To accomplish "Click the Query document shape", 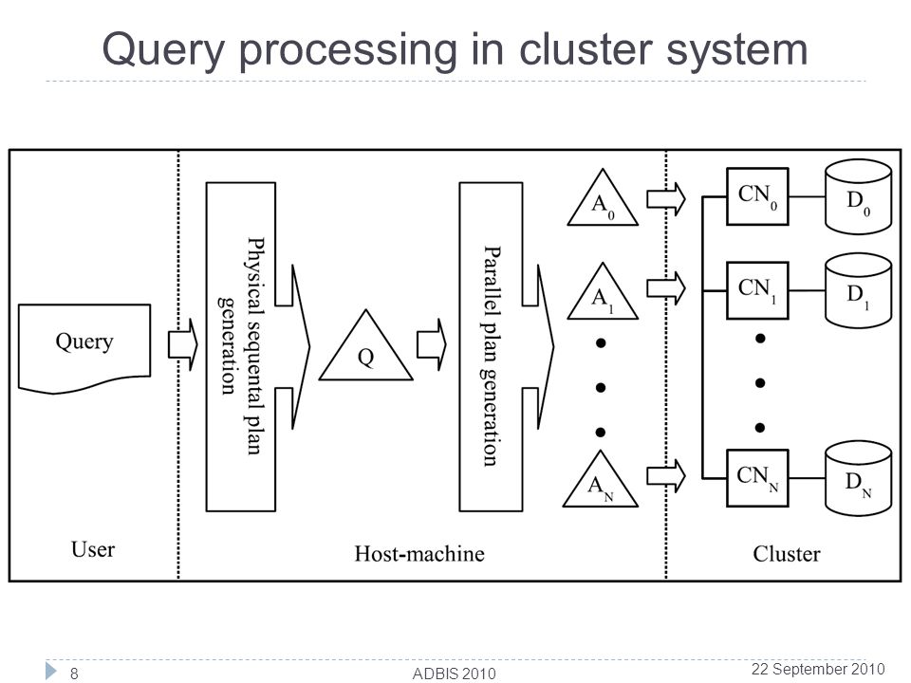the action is click(84, 347).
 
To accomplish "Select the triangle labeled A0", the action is click(603, 200).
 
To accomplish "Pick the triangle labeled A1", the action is click(603, 294).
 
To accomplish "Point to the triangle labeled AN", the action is click(601, 482).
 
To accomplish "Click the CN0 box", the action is click(757, 196).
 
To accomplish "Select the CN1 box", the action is click(757, 290).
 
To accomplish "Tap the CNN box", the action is click(757, 478).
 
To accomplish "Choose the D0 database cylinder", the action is click(858, 197).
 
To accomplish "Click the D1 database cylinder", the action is click(858, 290).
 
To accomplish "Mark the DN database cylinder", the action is click(858, 478).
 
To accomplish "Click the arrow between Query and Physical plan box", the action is click(183, 345).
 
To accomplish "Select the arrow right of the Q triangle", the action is click(432, 345).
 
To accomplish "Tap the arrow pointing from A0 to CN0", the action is click(666, 199).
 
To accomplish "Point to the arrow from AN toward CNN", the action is click(666, 476).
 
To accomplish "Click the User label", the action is click(93, 549).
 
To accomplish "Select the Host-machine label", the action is click(419, 553).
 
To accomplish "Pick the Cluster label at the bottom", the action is click(787, 553).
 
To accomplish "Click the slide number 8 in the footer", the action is click(74, 674).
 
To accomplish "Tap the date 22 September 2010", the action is click(818, 669).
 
